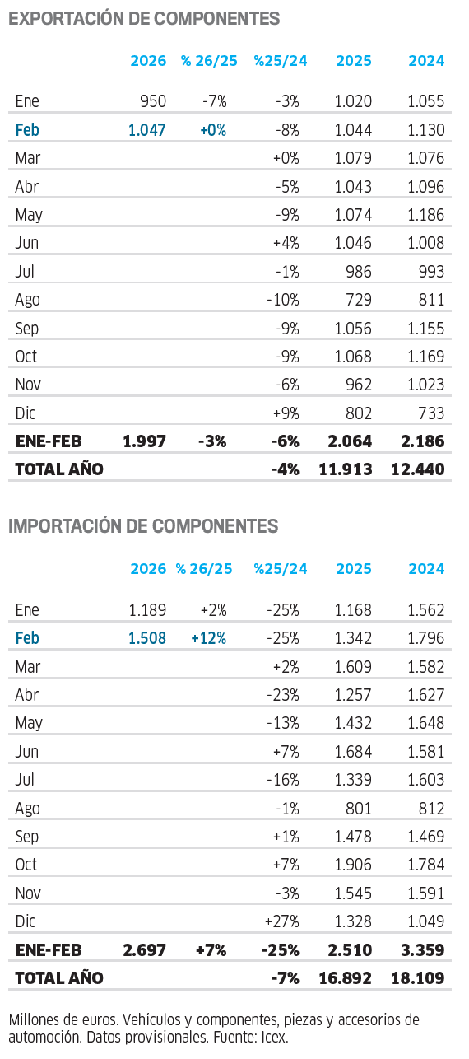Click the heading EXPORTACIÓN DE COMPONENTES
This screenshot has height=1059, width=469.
[x=144, y=18]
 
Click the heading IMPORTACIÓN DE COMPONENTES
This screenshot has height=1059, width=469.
[x=143, y=526]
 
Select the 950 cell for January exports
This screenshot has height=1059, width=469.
[x=153, y=101]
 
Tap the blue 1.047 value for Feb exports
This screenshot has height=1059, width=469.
[x=147, y=130]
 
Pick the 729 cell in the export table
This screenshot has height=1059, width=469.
[x=359, y=300]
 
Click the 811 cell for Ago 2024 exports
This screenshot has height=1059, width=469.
[x=432, y=300]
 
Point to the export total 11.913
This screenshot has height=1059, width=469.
[x=346, y=469]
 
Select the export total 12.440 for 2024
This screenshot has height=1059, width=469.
[x=418, y=469]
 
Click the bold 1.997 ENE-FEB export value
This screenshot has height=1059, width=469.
[x=145, y=441]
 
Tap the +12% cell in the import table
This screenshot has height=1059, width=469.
[x=209, y=638]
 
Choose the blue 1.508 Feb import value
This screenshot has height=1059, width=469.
[x=147, y=638]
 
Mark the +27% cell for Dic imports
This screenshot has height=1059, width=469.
[x=282, y=921]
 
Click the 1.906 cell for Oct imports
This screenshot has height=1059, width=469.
[x=353, y=865]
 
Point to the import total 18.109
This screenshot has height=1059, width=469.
[x=418, y=977]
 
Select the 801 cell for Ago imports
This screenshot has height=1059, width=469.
[x=359, y=809]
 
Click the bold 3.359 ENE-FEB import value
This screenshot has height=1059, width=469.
[x=423, y=949]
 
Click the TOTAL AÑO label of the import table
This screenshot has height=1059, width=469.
[x=59, y=977]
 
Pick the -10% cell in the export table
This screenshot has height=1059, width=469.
[x=283, y=300]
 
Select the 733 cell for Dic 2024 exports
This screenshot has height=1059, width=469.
[x=432, y=413]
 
